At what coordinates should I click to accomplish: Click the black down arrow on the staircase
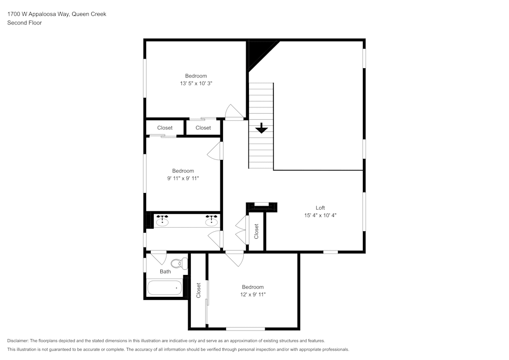[x=261, y=128]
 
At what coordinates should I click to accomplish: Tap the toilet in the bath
[x=177, y=264]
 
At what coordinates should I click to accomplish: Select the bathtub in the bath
[x=164, y=288]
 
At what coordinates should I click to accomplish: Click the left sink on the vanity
[x=162, y=221]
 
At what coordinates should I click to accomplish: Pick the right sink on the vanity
[x=211, y=221]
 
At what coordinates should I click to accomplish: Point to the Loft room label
[x=320, y=208]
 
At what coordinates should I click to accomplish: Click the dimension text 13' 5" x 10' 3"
[x=196, y=83]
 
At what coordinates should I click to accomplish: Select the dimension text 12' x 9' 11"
[x=253, y=294]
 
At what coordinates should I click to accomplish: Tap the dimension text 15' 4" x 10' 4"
[x=320, y=215]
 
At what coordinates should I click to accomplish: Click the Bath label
[x=165, y=271]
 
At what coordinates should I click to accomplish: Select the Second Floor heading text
[x=24, y=23]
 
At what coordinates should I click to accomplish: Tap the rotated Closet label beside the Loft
[x=257, y=231]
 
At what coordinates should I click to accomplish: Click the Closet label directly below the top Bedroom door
[x=203, y=128]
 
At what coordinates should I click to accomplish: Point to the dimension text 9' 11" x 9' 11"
[x=183, y=178]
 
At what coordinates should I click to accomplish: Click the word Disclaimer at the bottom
[x=18, y=341]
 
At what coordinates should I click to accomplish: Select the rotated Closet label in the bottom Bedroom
[x=199, y=290]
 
